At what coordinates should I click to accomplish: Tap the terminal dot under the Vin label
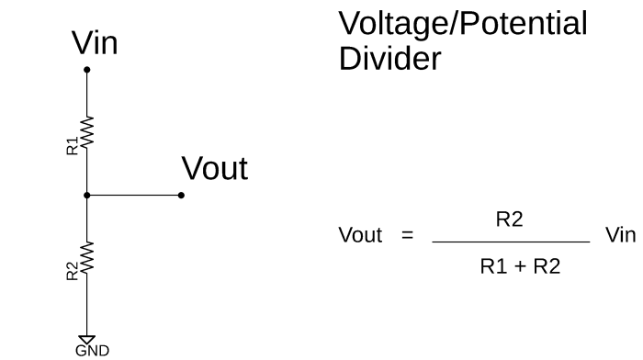click(x=87, y=70)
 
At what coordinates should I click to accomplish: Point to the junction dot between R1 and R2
click(x=87, y=195)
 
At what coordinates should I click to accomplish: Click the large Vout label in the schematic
click(x=214, y=169)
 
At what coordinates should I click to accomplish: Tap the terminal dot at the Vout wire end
click(x=181, y=195)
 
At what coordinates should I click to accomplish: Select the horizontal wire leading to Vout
click(x=134, y=195)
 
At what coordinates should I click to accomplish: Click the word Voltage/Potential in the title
click(x=463, y=25)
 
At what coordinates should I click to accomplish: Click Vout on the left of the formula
click(x=360, y=235)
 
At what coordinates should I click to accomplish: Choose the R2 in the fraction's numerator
click(x=510, y=219)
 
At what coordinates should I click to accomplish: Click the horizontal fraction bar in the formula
click(x=510, y=242)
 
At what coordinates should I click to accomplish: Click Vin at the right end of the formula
click(x=620, y=235)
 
